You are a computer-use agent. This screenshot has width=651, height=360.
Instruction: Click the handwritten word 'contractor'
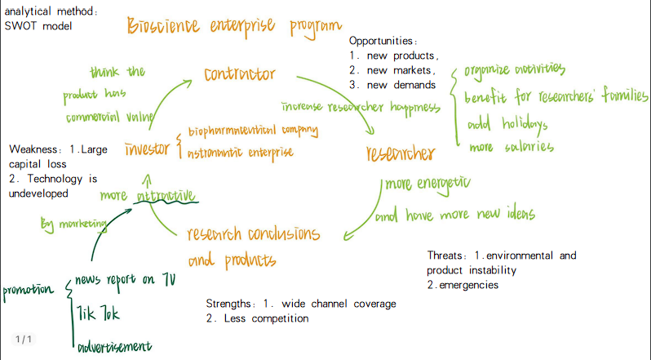tap(240, 74)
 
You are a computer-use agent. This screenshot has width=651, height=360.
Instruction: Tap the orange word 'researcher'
tap(401, 153)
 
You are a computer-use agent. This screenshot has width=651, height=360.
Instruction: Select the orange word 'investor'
tap(148, 149)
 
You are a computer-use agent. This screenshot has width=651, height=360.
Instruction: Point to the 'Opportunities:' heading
tap(383, 41)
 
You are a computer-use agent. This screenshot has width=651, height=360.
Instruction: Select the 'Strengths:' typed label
tap(233, 304)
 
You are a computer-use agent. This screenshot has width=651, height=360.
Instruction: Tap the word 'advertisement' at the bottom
tap(114, 348)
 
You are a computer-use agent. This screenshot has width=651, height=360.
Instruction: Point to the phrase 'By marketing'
tap(73, 224)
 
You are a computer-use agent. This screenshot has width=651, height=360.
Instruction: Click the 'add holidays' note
tap(507, 125)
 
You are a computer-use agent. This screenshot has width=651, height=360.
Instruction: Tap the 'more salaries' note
tap(511, 148)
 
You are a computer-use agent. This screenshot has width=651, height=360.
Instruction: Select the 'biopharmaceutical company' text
tap(252, 131)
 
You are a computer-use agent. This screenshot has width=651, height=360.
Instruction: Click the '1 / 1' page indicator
tap(23, 339)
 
